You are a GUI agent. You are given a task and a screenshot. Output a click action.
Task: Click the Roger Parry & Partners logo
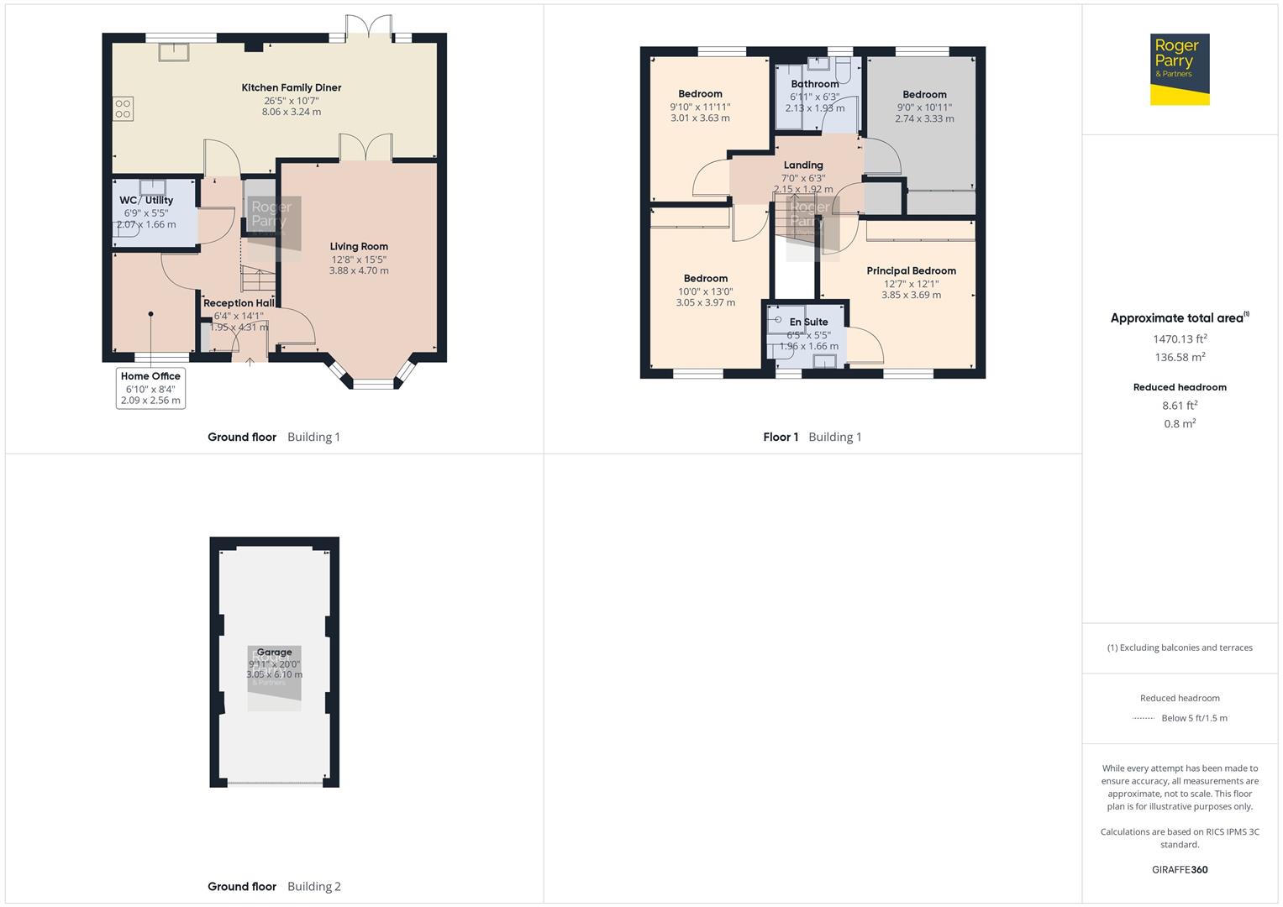coord(1179,70)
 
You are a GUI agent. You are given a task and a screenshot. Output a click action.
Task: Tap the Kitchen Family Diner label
coord(291,87)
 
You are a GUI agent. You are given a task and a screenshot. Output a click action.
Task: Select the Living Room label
coord(359,247)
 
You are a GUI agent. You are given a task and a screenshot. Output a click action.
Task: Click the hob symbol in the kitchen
coord(123,109)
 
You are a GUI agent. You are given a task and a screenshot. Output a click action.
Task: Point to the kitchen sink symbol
coord(174,51)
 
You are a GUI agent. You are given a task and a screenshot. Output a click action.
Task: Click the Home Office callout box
coord(150,388)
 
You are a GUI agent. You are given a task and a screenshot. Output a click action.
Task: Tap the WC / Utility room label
coord(146,200)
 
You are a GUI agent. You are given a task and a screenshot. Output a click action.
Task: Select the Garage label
coord(274,652)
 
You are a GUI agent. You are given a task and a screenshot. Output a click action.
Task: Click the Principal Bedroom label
coord(911,270)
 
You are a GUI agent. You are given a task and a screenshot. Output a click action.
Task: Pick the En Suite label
coord(808,322)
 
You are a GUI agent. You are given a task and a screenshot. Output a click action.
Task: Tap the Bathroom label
coord(814,84)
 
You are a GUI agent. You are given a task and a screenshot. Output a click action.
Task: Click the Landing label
coord(803,165)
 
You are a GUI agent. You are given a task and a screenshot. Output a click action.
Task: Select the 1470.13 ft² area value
coord(1180,339)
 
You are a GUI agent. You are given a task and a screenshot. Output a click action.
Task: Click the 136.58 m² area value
coord(1180,357)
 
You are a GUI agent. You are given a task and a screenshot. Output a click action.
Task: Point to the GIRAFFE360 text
coord(1180,869)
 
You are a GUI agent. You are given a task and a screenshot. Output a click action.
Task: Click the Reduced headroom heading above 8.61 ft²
coord(1180,387)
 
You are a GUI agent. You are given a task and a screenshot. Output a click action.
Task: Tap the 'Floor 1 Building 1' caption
coord(812,437)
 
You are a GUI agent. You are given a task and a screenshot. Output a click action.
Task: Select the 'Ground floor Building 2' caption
coord(274,886)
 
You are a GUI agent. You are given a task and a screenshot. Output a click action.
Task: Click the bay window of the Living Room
coord(372,383)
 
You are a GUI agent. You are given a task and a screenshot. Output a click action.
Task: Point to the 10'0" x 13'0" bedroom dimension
coord(705,291)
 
